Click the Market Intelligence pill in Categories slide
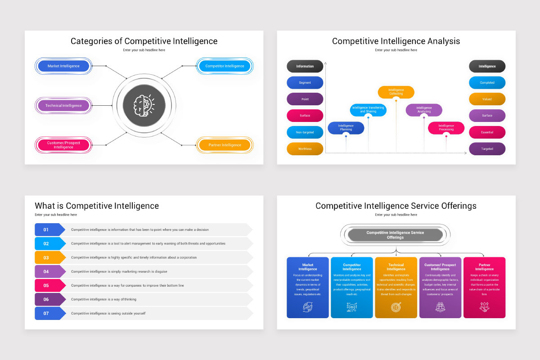point(63,66)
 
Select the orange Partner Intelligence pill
point(225,145)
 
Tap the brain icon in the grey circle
point(144,106)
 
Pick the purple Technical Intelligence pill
point(63,106)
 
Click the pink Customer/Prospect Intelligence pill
point(63,145)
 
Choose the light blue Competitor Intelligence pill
point(225,66)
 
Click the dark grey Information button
point(305,66)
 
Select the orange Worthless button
point(305,149)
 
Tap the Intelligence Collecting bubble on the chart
point(396,92)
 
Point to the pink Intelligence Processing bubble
point(446,128)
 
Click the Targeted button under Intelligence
point(487,149)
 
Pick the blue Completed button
point(487,83)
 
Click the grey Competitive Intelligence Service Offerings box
point(396,235)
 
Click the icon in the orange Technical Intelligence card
point(396,307)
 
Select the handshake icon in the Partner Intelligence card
point(484,307)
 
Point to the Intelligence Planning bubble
point(346,128)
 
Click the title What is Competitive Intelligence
point(97,206)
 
